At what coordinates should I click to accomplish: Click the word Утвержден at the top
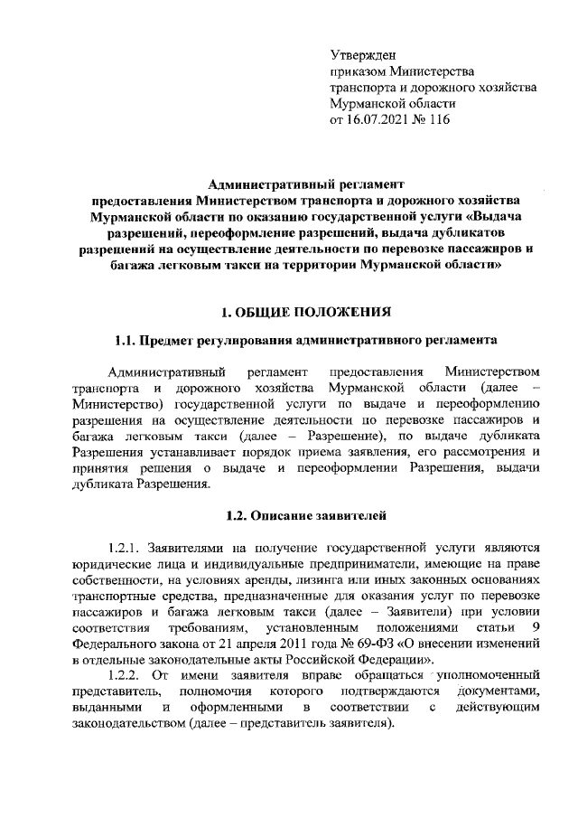(363, 55)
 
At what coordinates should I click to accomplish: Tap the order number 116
(438, 118)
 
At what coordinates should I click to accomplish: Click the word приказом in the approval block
(359, 71)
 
